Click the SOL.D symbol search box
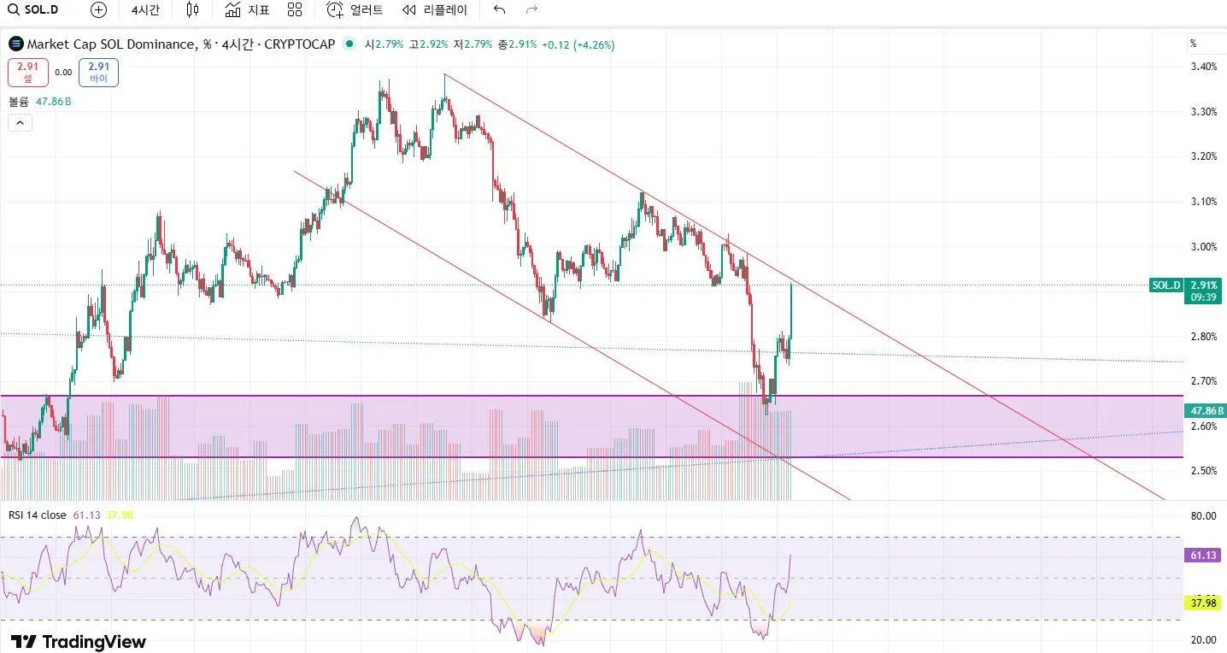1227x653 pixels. (34, 10)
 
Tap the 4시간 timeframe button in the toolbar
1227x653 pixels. (145, 10)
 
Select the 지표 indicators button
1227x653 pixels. (247, 10)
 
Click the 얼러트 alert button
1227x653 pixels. (355, 10)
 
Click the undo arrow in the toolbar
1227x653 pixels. (500, 10)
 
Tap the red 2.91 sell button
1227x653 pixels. (27, 72)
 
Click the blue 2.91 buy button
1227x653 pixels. (98, 72)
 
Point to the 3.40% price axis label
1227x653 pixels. (1203, 67)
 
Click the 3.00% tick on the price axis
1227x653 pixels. (1203, 247)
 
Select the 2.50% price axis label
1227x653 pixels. (1203, 471)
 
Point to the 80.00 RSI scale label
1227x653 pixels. (1203, 516)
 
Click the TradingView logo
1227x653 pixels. (78, 642)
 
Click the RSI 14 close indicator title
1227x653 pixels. (37, 515)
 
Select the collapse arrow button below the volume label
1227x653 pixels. (20, 123)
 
